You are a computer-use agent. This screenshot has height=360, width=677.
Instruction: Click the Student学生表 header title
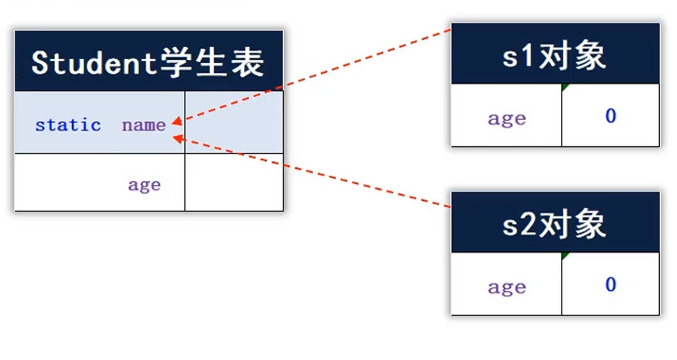click(x=148, y=62)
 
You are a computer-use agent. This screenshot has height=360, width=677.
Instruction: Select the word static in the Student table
click(x=68, y=126)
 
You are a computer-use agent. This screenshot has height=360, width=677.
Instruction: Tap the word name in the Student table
click(x=144, y=126)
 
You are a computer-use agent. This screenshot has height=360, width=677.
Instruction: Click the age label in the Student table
click(x=144, y=185)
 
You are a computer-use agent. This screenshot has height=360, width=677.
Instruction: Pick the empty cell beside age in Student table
click(x=234, y=182)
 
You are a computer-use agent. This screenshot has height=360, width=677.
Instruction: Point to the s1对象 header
click(x=555, y=56)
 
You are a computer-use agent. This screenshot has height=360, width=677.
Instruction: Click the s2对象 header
click(x=555, y=224)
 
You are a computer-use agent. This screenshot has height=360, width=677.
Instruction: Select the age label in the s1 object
click(x=507, y=118)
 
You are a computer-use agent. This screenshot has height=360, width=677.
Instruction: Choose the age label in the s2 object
click(x=507, y=287)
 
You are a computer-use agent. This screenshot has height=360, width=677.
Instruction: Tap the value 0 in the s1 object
click(x=611, y=116)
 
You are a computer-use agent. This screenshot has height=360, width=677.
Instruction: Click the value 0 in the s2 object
click(x=611, y=285)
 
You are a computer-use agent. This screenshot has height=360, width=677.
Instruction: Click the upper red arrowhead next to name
click(x=176, y=123)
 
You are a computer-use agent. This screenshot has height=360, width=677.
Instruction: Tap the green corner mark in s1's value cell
click(x=565, y=88)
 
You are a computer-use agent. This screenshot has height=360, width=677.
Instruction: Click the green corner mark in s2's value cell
click(x=565, y=256)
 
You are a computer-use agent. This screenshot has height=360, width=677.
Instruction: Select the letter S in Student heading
click(x=40, y=62)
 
